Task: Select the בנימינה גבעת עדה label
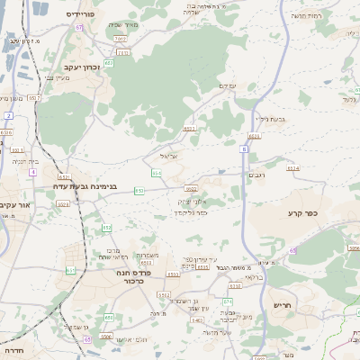pyautogui.click(x=88, y=186)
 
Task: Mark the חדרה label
pyautogui.click(x=13, y=350)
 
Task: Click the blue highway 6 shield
pyautogui.click(x=243, y=149)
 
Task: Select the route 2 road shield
pyautogui.click(x=9, y=116)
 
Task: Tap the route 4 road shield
pyautogui.click(x=33, y=158)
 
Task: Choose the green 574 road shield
pyautogui.click(x=228, y=301)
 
